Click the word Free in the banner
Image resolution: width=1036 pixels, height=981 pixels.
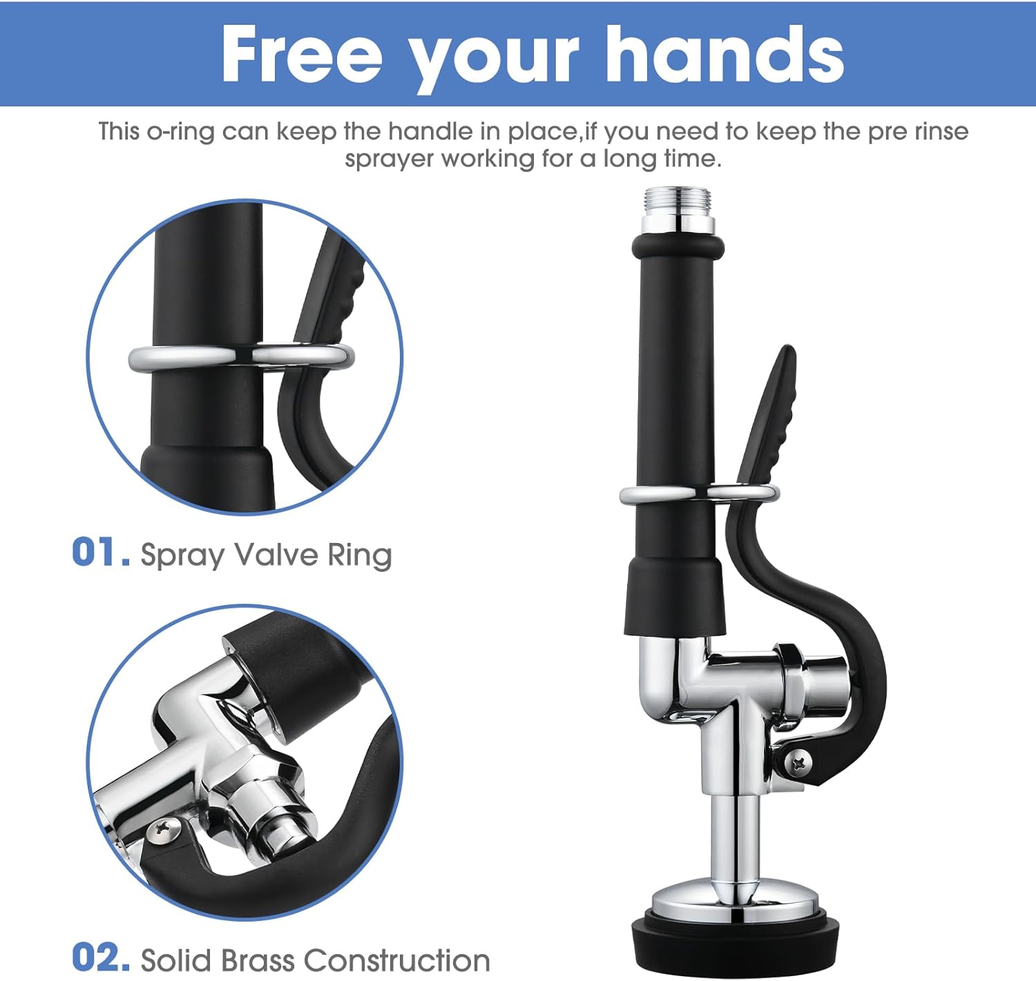click(302, 55)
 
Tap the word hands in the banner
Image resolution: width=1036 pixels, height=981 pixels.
click(725, 55)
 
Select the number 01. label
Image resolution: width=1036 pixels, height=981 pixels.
click(101, 553)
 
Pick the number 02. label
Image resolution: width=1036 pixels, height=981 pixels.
click(101, 958)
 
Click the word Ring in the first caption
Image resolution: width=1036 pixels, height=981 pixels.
click(359, 555)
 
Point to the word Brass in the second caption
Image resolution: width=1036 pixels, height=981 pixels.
click(258, 960)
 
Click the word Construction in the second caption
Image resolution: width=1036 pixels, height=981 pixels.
click(396, 960)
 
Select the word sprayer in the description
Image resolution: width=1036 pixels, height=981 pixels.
click(390, 159)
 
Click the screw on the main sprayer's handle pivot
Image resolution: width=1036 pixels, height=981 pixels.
click(799, 763)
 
